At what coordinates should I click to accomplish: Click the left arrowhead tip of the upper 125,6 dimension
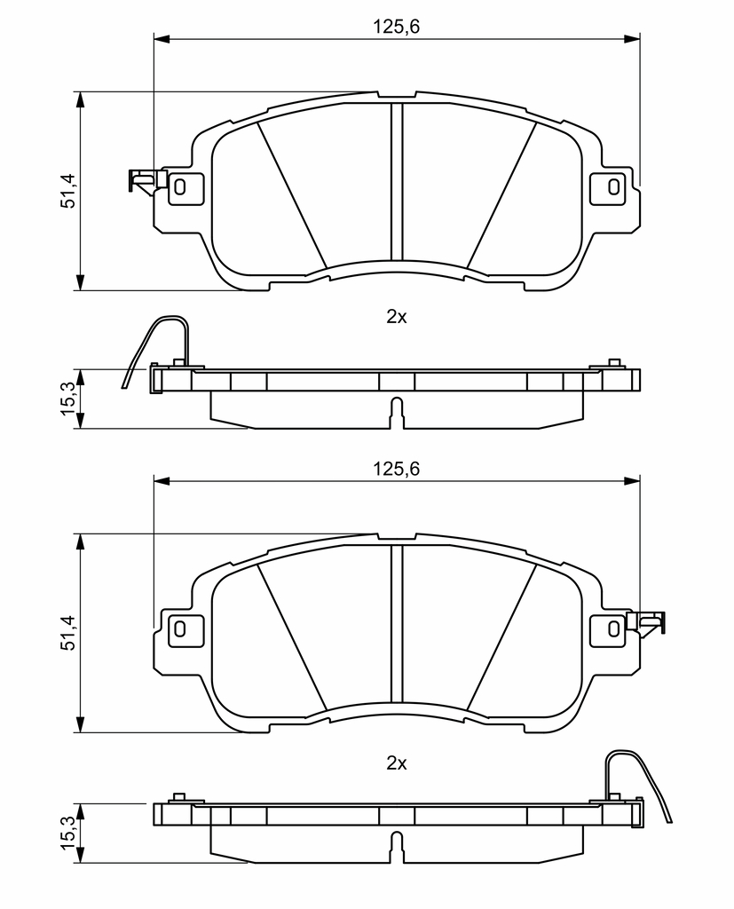pyautogui.click(x=154, y=39)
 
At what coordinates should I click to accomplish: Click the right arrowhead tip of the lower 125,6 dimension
pyautogui.click(x=640, y=480)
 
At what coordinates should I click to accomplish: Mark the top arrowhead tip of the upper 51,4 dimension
pyautogui.click(x=81, y=91)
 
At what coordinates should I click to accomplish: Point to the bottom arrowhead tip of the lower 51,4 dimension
pyautogui.click(x=81, y=732)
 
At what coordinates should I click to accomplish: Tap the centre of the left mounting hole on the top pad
pyautogui.click(x=180, y=186)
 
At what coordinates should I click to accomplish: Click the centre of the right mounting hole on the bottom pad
pyautogui.click(x=613, y=628)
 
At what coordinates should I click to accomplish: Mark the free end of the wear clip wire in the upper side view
pyautogui.click(x=122, y=387)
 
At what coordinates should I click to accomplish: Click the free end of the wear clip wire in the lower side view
pyautogui.click(x=671, y=821)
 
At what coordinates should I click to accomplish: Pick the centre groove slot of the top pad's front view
pyautogui.click(x=397, y=181)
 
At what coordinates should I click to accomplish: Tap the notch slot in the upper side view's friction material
pyautogui.click(x=397, y=413)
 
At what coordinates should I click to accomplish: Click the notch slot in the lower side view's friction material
pyautogui.click(x=397, y=847)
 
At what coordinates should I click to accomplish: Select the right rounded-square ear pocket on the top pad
pyautogui.click(x=608, y=187)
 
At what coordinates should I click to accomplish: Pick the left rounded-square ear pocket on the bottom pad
pyautogui.click(x=185, y=629)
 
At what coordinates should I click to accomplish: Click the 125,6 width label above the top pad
pyautogui.click(x=396, y=27)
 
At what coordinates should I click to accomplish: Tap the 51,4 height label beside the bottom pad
pyautogui.click(x=68, y=632)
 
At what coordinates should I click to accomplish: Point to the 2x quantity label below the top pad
pyautogui.click(x=397, y=317)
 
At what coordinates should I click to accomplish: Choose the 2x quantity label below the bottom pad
pyautogui.click(x=397, y=763)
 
